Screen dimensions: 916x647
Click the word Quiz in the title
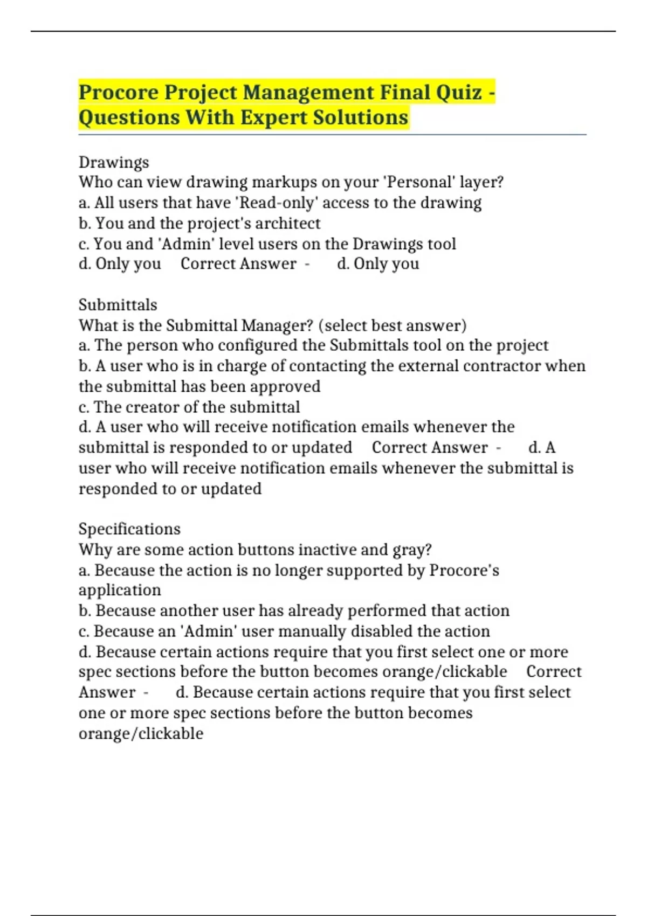pyautogui.click(x=459, y=93)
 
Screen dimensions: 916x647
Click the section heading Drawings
pyautogui.click(x=114, y=162)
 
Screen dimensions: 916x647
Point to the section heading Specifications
pyautogui.click(x=129, y=529)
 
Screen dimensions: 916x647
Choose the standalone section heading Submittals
pyautogui.click(x=118, y=305)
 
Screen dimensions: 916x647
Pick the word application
pyautogui.click(x=120, y=590)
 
